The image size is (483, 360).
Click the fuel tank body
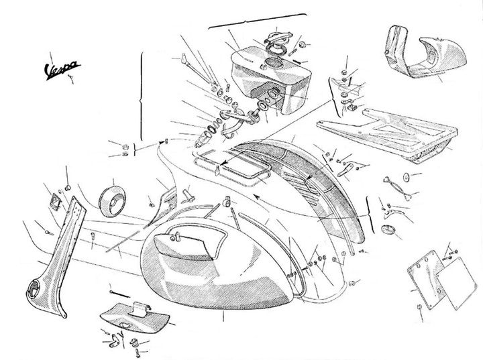[x=271, y=80]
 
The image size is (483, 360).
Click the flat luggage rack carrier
[x=388, y=132]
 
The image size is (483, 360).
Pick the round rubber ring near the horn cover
[x=112, y=201]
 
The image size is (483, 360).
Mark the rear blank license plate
[x=455, y=284]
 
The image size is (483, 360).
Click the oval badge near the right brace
[x=387, y=229]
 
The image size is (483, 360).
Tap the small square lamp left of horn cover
[x=56, y=200]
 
